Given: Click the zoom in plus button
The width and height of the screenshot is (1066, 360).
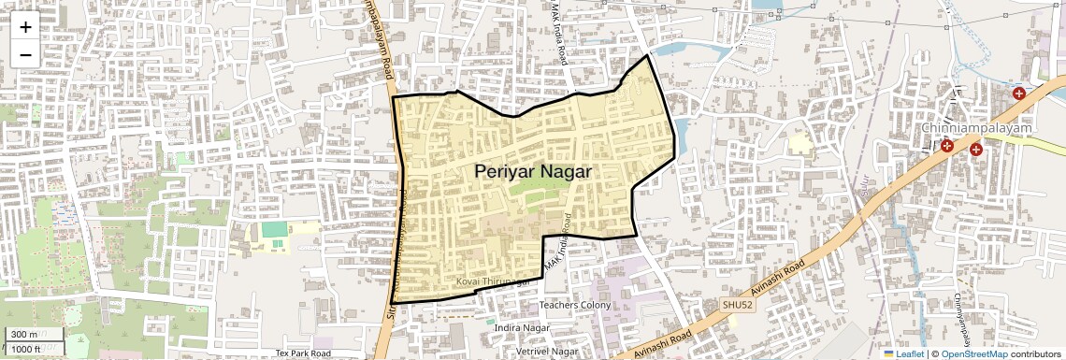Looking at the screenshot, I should (25, 26).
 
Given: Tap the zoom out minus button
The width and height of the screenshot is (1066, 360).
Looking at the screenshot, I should (25, 54).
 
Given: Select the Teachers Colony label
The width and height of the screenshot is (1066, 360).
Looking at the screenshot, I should (575, 305).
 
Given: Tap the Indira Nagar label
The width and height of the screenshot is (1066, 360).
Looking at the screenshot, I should (520, 327).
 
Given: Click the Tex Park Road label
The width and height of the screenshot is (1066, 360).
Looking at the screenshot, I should (303, 353).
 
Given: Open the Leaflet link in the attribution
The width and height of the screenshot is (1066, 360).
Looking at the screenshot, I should (910, 353).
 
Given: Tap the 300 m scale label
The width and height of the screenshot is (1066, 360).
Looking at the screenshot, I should (24, 335).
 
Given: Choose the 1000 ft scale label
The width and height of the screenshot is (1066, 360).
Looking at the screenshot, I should (26, 349).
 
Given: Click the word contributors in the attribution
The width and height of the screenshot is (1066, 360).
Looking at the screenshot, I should (1034, 353).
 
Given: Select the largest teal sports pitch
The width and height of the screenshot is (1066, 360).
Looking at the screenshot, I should (275, 229).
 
